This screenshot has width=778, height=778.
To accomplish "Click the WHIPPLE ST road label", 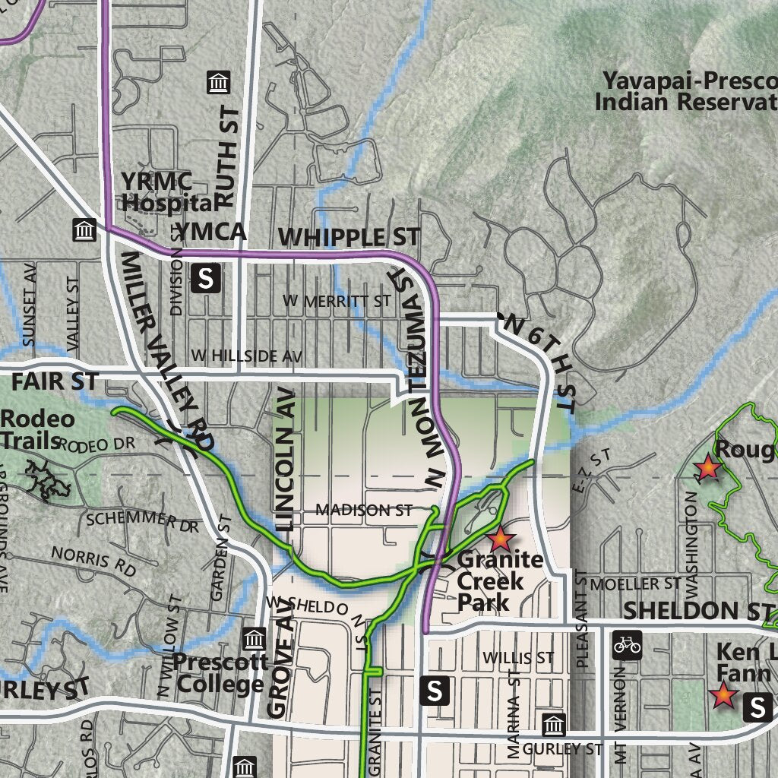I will click(x=349, y=237).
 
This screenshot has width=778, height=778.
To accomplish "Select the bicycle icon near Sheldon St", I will click(x=627, y=644).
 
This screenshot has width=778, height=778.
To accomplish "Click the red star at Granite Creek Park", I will click(x=501, y=539).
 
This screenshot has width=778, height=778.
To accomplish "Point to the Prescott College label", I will click(x=220, y=673).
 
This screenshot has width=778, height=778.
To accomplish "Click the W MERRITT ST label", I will click(x=337, y=302).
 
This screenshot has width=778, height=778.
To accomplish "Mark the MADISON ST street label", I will click(x=364, y=510).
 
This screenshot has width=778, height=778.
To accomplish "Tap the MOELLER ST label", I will click(x=635, y=583).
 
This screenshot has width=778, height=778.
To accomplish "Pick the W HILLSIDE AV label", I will click(x=247, y=355).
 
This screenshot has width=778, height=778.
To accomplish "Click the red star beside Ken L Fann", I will click(x=723, y=694).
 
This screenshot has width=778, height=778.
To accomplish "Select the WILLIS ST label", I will click(x=518, y=656).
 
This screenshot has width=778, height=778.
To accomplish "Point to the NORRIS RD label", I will click(x=93, y=560).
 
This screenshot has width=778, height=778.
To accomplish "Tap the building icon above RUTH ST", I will click(x=218, y=82).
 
